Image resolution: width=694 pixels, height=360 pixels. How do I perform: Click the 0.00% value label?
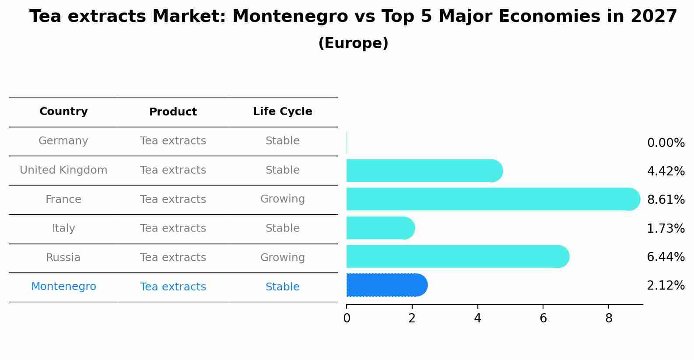666,143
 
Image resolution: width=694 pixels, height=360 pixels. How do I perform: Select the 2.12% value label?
666,286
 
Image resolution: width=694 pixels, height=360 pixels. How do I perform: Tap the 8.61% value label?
666,200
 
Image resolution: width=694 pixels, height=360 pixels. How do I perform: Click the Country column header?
63,112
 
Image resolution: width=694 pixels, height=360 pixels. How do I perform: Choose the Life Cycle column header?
282,112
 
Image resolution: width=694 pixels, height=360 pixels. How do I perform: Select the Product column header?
173,112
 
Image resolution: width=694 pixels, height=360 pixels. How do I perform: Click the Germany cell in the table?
63,141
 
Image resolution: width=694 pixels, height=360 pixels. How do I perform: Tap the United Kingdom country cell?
63,170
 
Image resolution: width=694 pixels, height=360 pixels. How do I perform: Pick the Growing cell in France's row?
282,199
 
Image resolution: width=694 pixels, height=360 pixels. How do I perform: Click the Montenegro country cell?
63,287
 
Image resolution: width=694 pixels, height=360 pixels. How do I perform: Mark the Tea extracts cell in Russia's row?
173,258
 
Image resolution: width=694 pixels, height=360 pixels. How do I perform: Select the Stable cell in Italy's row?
282,228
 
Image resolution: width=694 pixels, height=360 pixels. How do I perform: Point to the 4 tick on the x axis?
477,318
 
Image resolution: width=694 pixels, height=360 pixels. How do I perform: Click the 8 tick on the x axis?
609,318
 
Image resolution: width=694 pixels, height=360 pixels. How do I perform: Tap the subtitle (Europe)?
353,43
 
